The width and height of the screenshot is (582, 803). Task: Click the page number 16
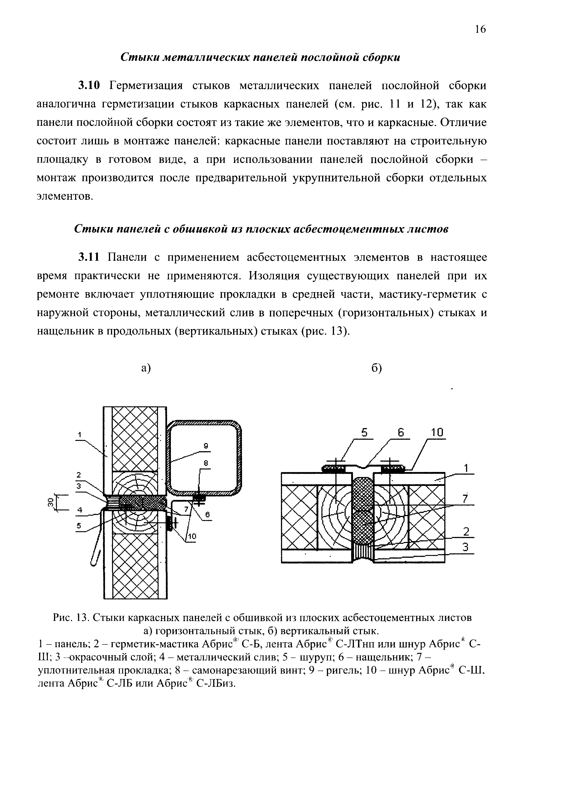(x=480, y=29)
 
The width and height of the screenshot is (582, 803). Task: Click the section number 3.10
(x=90, y=86)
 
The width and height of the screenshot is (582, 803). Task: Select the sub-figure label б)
(x=376, y=368)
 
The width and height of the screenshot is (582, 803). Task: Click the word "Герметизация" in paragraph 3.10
(x=146, y=86)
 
